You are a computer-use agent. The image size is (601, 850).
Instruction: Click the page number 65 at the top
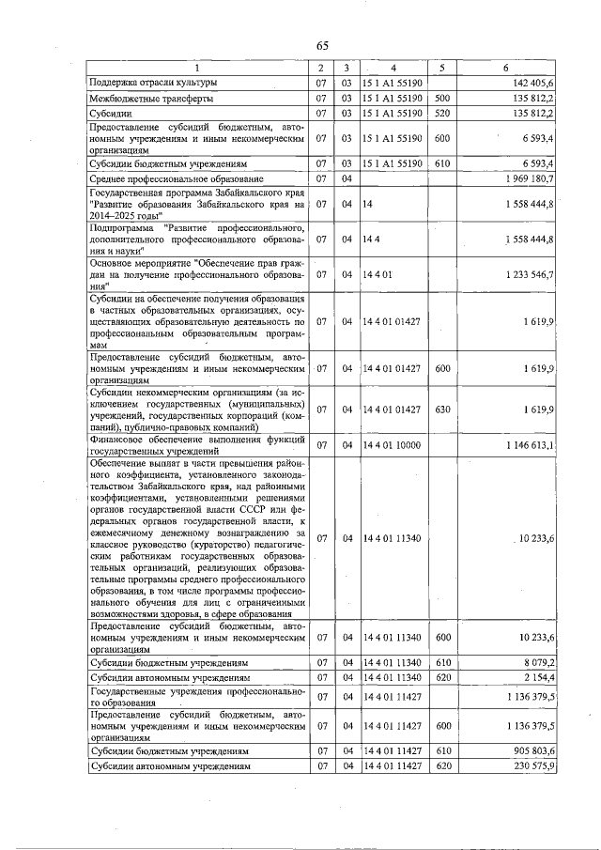(322, 46)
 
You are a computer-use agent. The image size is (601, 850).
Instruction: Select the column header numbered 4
(393, 68)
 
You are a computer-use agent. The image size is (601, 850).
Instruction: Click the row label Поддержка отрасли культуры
(153, 83)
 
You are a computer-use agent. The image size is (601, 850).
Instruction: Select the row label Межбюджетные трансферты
(151, 98)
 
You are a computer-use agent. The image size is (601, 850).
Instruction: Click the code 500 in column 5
(443, 98)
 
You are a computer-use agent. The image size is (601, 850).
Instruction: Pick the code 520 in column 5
(443, 113)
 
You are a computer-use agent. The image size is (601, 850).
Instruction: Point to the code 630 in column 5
(443, 410)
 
